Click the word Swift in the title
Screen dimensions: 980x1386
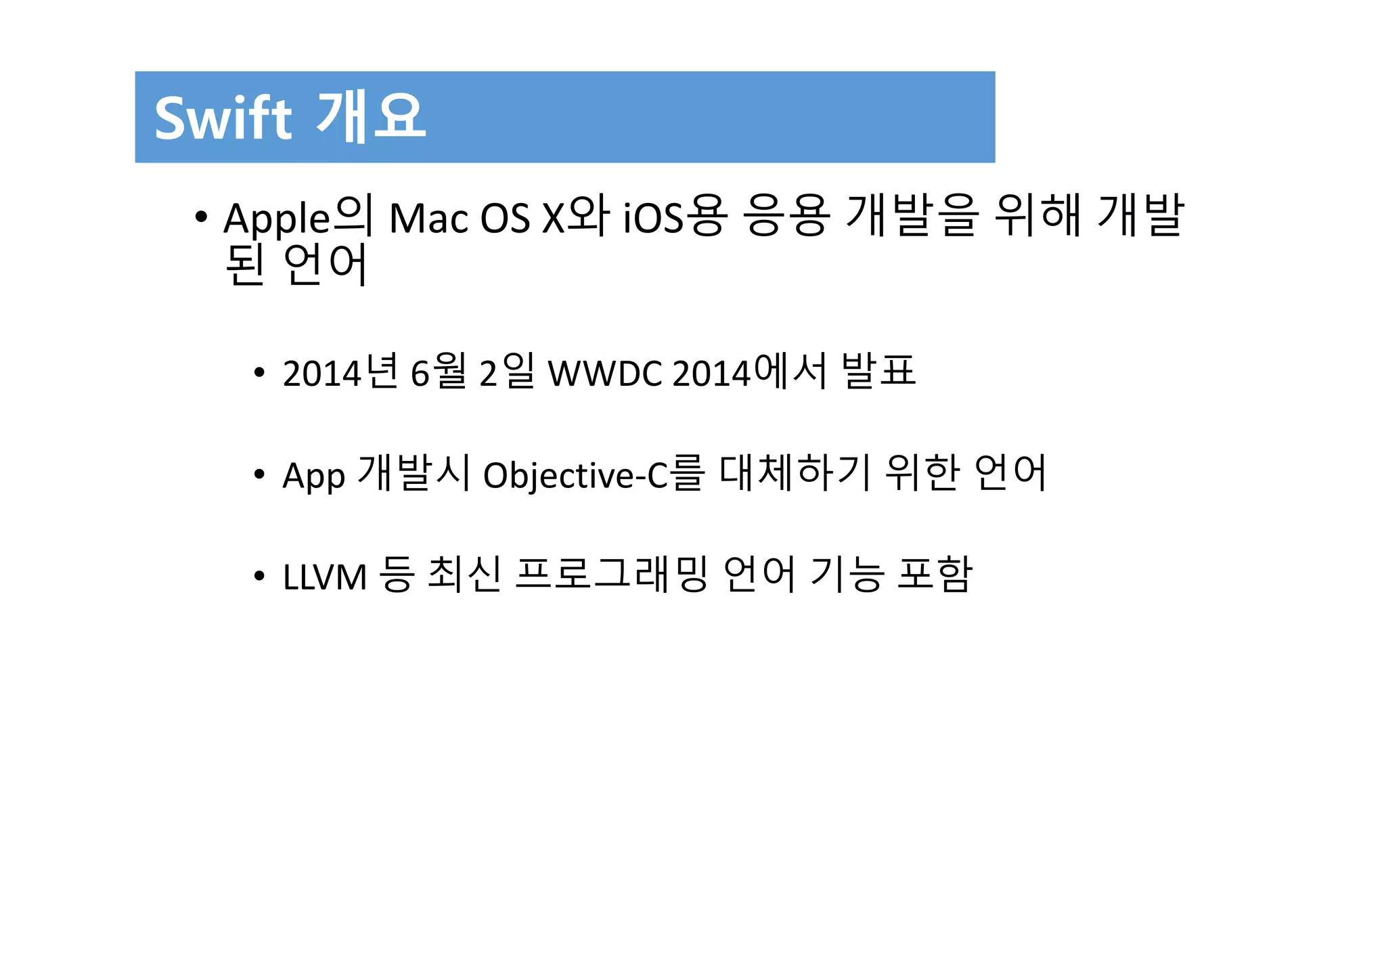coord(223,118)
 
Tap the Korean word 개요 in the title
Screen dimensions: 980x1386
coord(371,116)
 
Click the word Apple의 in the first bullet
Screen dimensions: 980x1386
coord(298,217)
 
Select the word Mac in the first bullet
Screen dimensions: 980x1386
coord(428,219)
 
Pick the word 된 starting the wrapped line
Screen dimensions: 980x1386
coord(244,265)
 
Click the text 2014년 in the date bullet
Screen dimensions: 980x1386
coord(340,372)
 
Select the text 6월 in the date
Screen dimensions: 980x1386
coord(439,372)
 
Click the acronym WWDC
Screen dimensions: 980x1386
coord(605,373)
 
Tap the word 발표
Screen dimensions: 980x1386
coord(879,371)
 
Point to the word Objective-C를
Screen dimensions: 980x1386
coord(594,474)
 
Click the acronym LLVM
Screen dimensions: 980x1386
coord(324,577)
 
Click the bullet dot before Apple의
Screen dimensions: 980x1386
coord(200,217)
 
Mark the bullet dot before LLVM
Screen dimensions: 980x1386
coord(259,577)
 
